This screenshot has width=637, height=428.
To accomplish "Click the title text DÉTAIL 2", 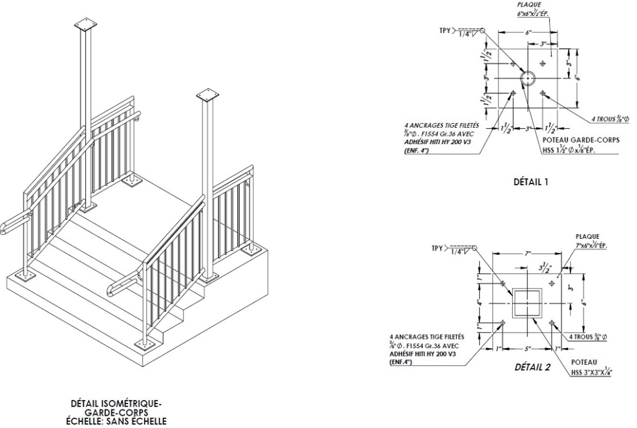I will pos(532,367).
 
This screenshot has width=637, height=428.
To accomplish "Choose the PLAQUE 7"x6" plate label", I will pos(588,241).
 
